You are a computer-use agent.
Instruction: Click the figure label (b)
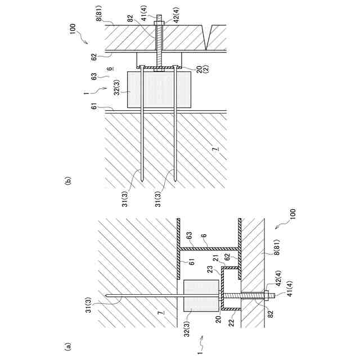[x=69, y=181]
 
